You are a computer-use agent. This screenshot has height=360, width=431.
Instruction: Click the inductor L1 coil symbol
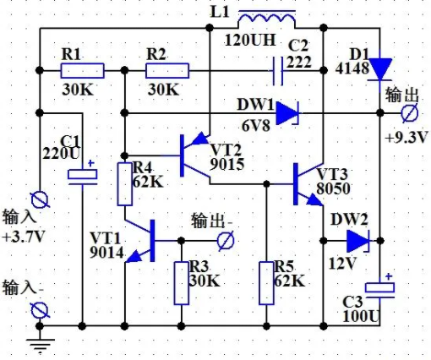[x=267, y=18]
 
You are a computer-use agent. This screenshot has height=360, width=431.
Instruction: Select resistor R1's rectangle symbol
[x=82, y=70]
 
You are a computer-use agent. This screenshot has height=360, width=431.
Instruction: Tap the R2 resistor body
[x=167, y=70]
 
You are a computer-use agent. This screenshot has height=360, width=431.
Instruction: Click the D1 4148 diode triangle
[x=380, y=69]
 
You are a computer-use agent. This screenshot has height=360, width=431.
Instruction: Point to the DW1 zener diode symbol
[x=287, y=113]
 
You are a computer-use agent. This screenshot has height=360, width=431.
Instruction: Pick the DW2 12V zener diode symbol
[x=358, y=241]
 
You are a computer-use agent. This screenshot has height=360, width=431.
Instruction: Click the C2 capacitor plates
[x=277, y=71]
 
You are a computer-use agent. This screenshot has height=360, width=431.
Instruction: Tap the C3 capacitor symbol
[x=380, y=287]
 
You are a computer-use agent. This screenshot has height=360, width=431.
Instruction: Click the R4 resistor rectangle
[x=125, y=184]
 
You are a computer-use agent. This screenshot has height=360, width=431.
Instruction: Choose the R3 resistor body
[x=182, y=283]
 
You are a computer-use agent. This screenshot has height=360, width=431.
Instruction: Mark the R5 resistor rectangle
[x=266, y=283]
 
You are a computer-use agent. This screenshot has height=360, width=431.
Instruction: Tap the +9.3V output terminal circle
[x=410, y=113]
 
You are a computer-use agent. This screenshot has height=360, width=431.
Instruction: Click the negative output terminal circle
[x=226, y=241]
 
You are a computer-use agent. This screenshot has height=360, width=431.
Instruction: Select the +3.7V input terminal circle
[x=40, y=199]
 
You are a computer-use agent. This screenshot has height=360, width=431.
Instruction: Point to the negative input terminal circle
[x=40, y=310]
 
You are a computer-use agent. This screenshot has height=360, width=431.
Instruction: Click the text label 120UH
[x=250, y=40]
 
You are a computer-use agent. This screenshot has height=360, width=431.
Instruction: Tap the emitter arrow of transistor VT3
[x=314, y=199]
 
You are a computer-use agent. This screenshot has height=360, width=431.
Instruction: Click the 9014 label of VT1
[x=106, y=252]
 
